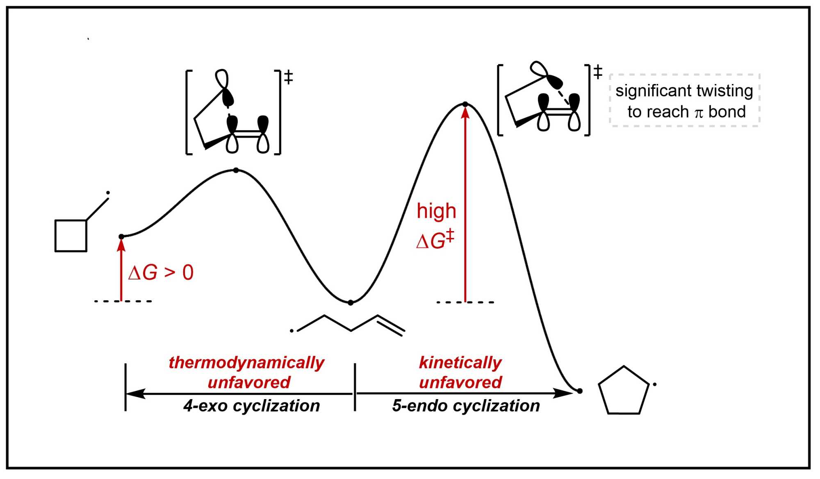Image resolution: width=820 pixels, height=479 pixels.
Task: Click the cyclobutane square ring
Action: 71,236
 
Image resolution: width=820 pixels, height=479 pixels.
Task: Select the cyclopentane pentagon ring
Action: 624,391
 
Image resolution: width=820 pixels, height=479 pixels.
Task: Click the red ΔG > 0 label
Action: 161,272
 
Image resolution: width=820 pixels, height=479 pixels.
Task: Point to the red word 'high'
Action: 436,211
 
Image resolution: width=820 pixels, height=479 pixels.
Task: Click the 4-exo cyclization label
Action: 252,406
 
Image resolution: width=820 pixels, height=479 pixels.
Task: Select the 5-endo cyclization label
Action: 466,406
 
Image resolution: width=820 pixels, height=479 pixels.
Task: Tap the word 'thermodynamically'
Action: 246,363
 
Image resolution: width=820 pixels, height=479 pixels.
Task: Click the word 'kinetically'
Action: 460,363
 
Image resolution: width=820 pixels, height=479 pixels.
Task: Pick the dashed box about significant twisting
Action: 684,100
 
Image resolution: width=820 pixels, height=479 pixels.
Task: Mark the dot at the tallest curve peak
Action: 465,104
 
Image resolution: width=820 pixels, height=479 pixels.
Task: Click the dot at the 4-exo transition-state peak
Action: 236,170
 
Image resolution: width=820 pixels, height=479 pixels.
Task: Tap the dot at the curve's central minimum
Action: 351,303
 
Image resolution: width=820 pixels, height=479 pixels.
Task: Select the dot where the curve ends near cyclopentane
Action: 580,391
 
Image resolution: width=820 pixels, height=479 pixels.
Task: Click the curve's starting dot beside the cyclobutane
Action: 121,237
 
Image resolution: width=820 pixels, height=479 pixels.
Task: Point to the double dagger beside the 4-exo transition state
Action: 289,77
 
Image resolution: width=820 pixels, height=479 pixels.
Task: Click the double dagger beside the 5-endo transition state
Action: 598,72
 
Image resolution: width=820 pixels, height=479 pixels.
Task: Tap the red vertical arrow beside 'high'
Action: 465,205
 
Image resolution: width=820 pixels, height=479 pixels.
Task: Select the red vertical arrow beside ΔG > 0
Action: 121,270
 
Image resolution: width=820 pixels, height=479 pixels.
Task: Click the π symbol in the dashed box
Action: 699,113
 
